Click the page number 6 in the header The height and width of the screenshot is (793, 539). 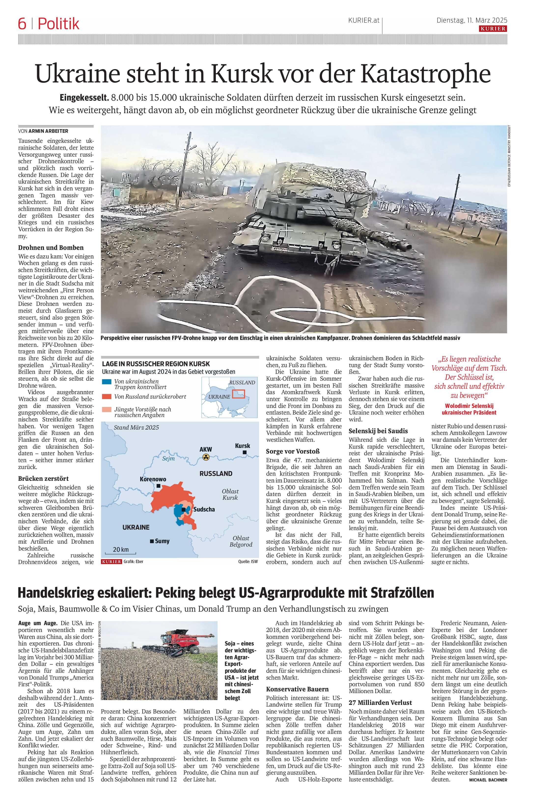click(22, 24)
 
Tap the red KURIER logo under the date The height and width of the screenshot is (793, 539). click(493, 29)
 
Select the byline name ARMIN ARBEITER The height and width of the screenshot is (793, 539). click(48, 131)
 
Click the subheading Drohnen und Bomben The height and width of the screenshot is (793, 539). click(51, 248)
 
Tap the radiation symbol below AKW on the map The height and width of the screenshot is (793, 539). click(206, 457)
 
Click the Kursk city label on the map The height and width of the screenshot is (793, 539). click(242, 446)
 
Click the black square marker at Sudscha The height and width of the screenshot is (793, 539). click(184, 510)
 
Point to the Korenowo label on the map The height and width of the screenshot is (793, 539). click(153, 479)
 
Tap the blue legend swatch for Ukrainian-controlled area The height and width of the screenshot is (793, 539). click(107, 381)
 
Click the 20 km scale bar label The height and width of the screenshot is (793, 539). click(121, 549)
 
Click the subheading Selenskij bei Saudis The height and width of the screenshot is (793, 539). click(378, 431)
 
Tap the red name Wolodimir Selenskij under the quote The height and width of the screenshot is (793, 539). click(469, 406)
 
